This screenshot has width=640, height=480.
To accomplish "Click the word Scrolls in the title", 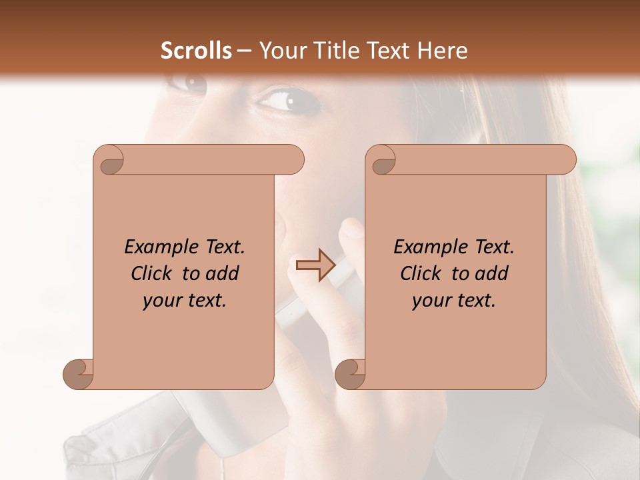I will coord(196,50).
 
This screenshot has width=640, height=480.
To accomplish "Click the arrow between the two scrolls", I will coord(315,265).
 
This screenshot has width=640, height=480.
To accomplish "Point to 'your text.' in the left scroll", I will coord(185,301).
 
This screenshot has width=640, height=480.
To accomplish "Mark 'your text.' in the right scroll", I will coord(454,301).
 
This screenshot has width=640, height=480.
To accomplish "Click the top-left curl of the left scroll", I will coord(109,161).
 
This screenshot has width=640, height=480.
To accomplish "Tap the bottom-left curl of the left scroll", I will coord(79,374).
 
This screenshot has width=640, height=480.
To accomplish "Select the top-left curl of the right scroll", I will coord(381,161).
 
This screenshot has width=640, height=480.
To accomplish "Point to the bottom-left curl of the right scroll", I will coord(351,374).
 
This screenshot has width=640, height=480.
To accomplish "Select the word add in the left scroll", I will coord(224,273).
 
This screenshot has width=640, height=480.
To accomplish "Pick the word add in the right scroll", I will coord(493,273).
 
